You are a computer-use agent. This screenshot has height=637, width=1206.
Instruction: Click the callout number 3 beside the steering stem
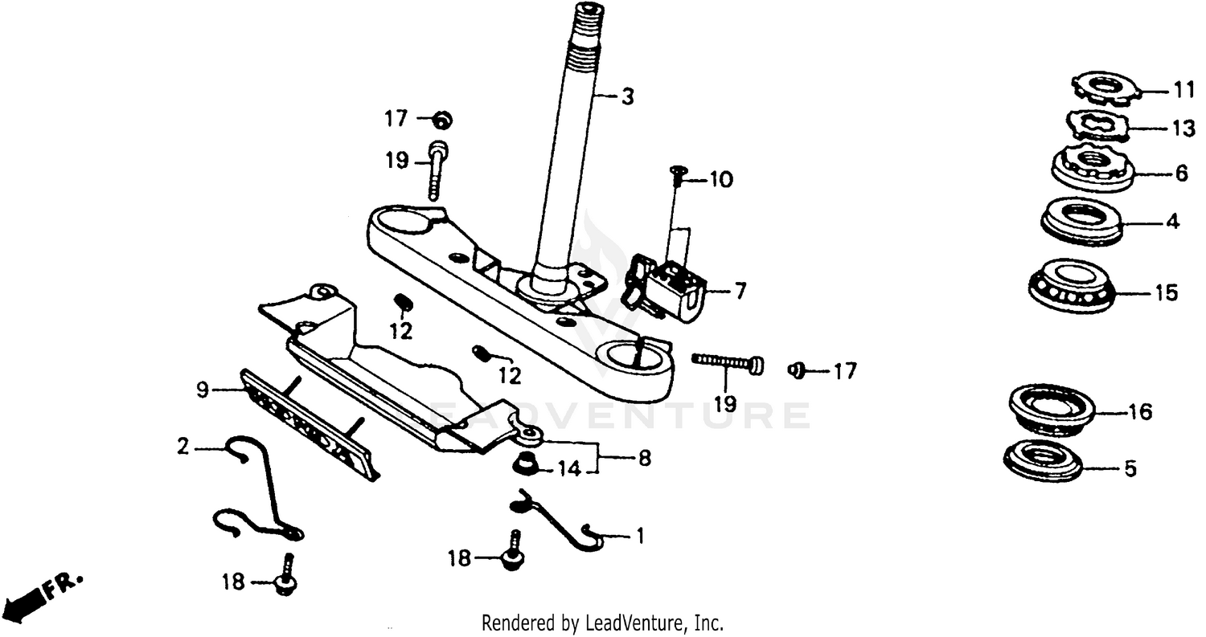pos(627,97)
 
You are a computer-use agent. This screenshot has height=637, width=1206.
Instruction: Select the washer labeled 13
pos(1097,125)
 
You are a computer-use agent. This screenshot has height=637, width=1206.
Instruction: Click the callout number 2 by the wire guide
pos(183,446)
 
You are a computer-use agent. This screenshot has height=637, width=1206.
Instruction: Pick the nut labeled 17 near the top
pos(441,120)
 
